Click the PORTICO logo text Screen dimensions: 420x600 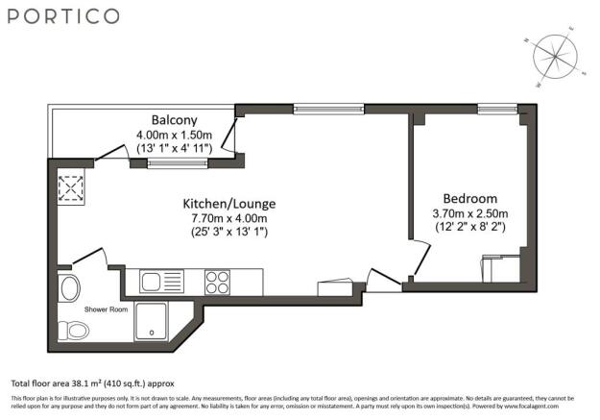[x=65, y=16]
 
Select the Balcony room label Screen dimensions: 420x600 [x=162, y=120]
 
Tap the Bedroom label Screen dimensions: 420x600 [x=470, y=199]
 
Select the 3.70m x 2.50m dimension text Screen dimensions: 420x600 [x=470, y=213]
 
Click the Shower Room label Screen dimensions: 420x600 [x=106, y=309]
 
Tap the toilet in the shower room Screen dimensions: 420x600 [x=77, y=330]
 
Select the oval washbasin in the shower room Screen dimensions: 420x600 [x=69, y=286]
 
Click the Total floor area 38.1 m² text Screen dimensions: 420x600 [x=92, y=383]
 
